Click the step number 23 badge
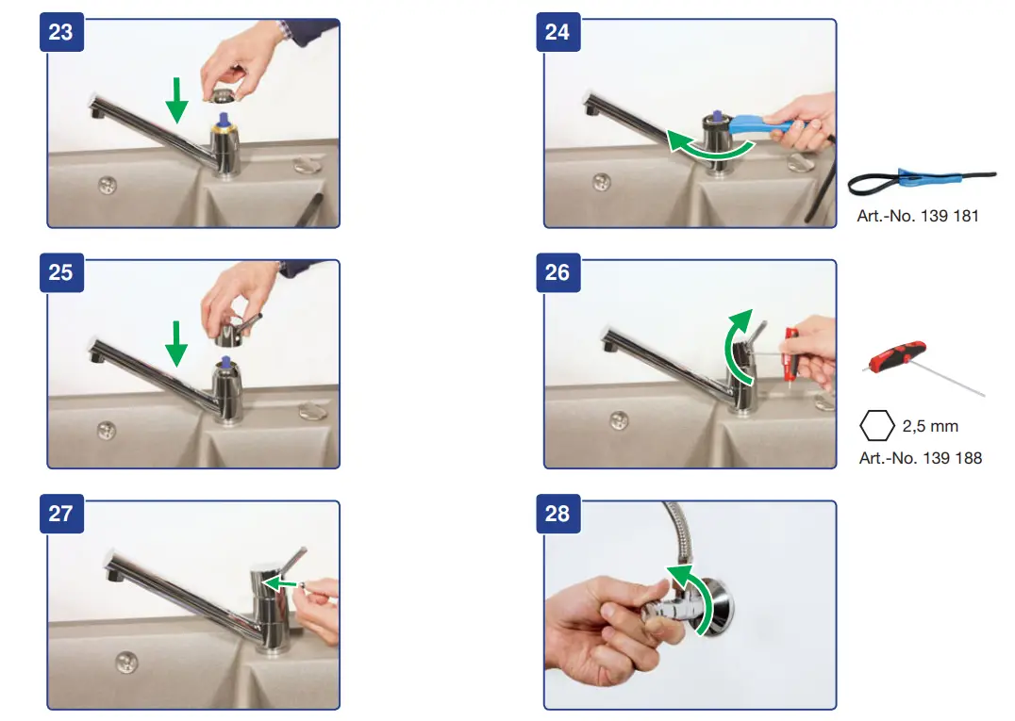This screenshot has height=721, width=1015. click(x=61, y=32)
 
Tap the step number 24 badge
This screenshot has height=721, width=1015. click(x=558, y=32)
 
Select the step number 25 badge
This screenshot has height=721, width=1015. click(x=61, y=272)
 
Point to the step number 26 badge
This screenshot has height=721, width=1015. click(x=558, y=272)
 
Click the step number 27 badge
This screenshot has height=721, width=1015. click(x=61, y=514)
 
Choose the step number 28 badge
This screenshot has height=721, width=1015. click(x=558, y=514)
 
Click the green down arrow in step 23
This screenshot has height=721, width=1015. click(x=176, y=100)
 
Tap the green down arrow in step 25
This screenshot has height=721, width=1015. click(x=176, y=344)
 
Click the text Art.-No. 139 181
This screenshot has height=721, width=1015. click(x=917, y=216)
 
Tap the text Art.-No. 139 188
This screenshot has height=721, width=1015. click(x=920, y=458)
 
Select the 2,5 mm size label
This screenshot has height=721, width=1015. click(x=930, y=426)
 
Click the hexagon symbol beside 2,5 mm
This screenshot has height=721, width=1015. click(x=877, y=425)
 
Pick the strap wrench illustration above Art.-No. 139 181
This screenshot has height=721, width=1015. click(x=921, y=180)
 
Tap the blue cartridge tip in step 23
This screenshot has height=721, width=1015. click(x=224, y=119)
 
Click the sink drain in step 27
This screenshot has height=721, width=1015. click(x=126, y=662)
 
